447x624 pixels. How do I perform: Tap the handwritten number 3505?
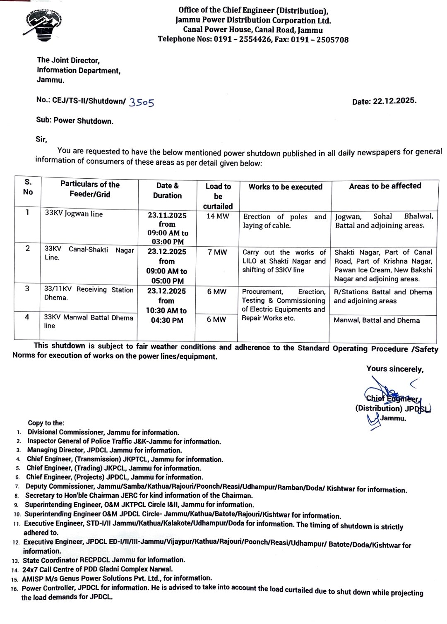[x=142, y=102]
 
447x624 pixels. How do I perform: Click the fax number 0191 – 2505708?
[x=320, y=40]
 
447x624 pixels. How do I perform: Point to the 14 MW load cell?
[x=218, y=216]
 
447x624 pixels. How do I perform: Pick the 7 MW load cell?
[x=217, y=252]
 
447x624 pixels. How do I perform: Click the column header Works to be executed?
[x=285, y=187]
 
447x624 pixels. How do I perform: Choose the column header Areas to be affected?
[x=385, y=186]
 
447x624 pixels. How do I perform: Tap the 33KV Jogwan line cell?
[x=74, y=214]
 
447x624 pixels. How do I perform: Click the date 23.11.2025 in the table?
[x=167, y=215]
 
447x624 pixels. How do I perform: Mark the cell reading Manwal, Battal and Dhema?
[x=377, y=320]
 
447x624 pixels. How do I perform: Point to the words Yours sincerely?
[x=394, y=369]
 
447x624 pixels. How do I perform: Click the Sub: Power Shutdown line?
[x=74, y=121]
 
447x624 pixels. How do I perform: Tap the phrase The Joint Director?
[x=68, y=60]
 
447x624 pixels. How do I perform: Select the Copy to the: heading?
[x=46, y=423]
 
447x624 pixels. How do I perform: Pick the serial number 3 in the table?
[x=27, y=288]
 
